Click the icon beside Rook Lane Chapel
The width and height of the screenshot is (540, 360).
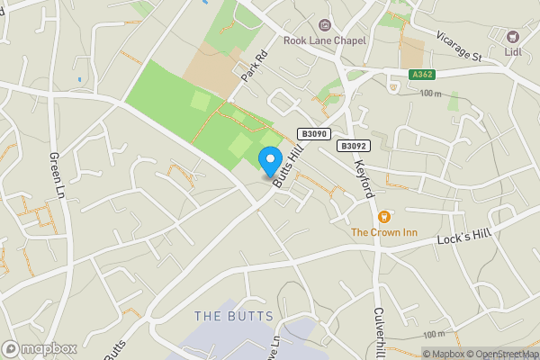pos(325,25)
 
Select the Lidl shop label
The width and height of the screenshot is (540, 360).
pos(513,51)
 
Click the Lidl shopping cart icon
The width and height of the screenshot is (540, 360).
pos(513,36)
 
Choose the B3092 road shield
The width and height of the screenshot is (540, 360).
pos(354,145)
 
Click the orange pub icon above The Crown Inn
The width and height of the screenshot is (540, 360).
pos(384,216)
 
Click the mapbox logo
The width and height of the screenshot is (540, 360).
pos(40,348)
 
